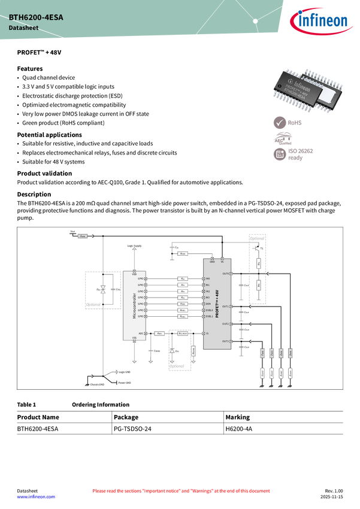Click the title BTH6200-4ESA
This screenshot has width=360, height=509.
36,18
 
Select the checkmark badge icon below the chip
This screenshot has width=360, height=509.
280,123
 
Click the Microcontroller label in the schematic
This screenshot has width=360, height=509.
134,304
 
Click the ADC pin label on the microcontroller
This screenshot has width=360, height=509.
141,333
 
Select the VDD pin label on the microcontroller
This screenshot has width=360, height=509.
134,274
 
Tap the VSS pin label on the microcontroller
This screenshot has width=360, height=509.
134,338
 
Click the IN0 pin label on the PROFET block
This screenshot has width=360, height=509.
208,279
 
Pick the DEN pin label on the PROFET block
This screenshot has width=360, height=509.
208,304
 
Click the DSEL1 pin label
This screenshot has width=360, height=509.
209,317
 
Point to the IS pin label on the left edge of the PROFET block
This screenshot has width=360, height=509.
207,333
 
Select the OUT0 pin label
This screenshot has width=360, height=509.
226,274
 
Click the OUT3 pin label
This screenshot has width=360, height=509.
226,341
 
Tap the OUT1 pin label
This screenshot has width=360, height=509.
226,307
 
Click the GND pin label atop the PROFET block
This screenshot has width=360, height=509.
212,262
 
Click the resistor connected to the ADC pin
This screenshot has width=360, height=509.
160,333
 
